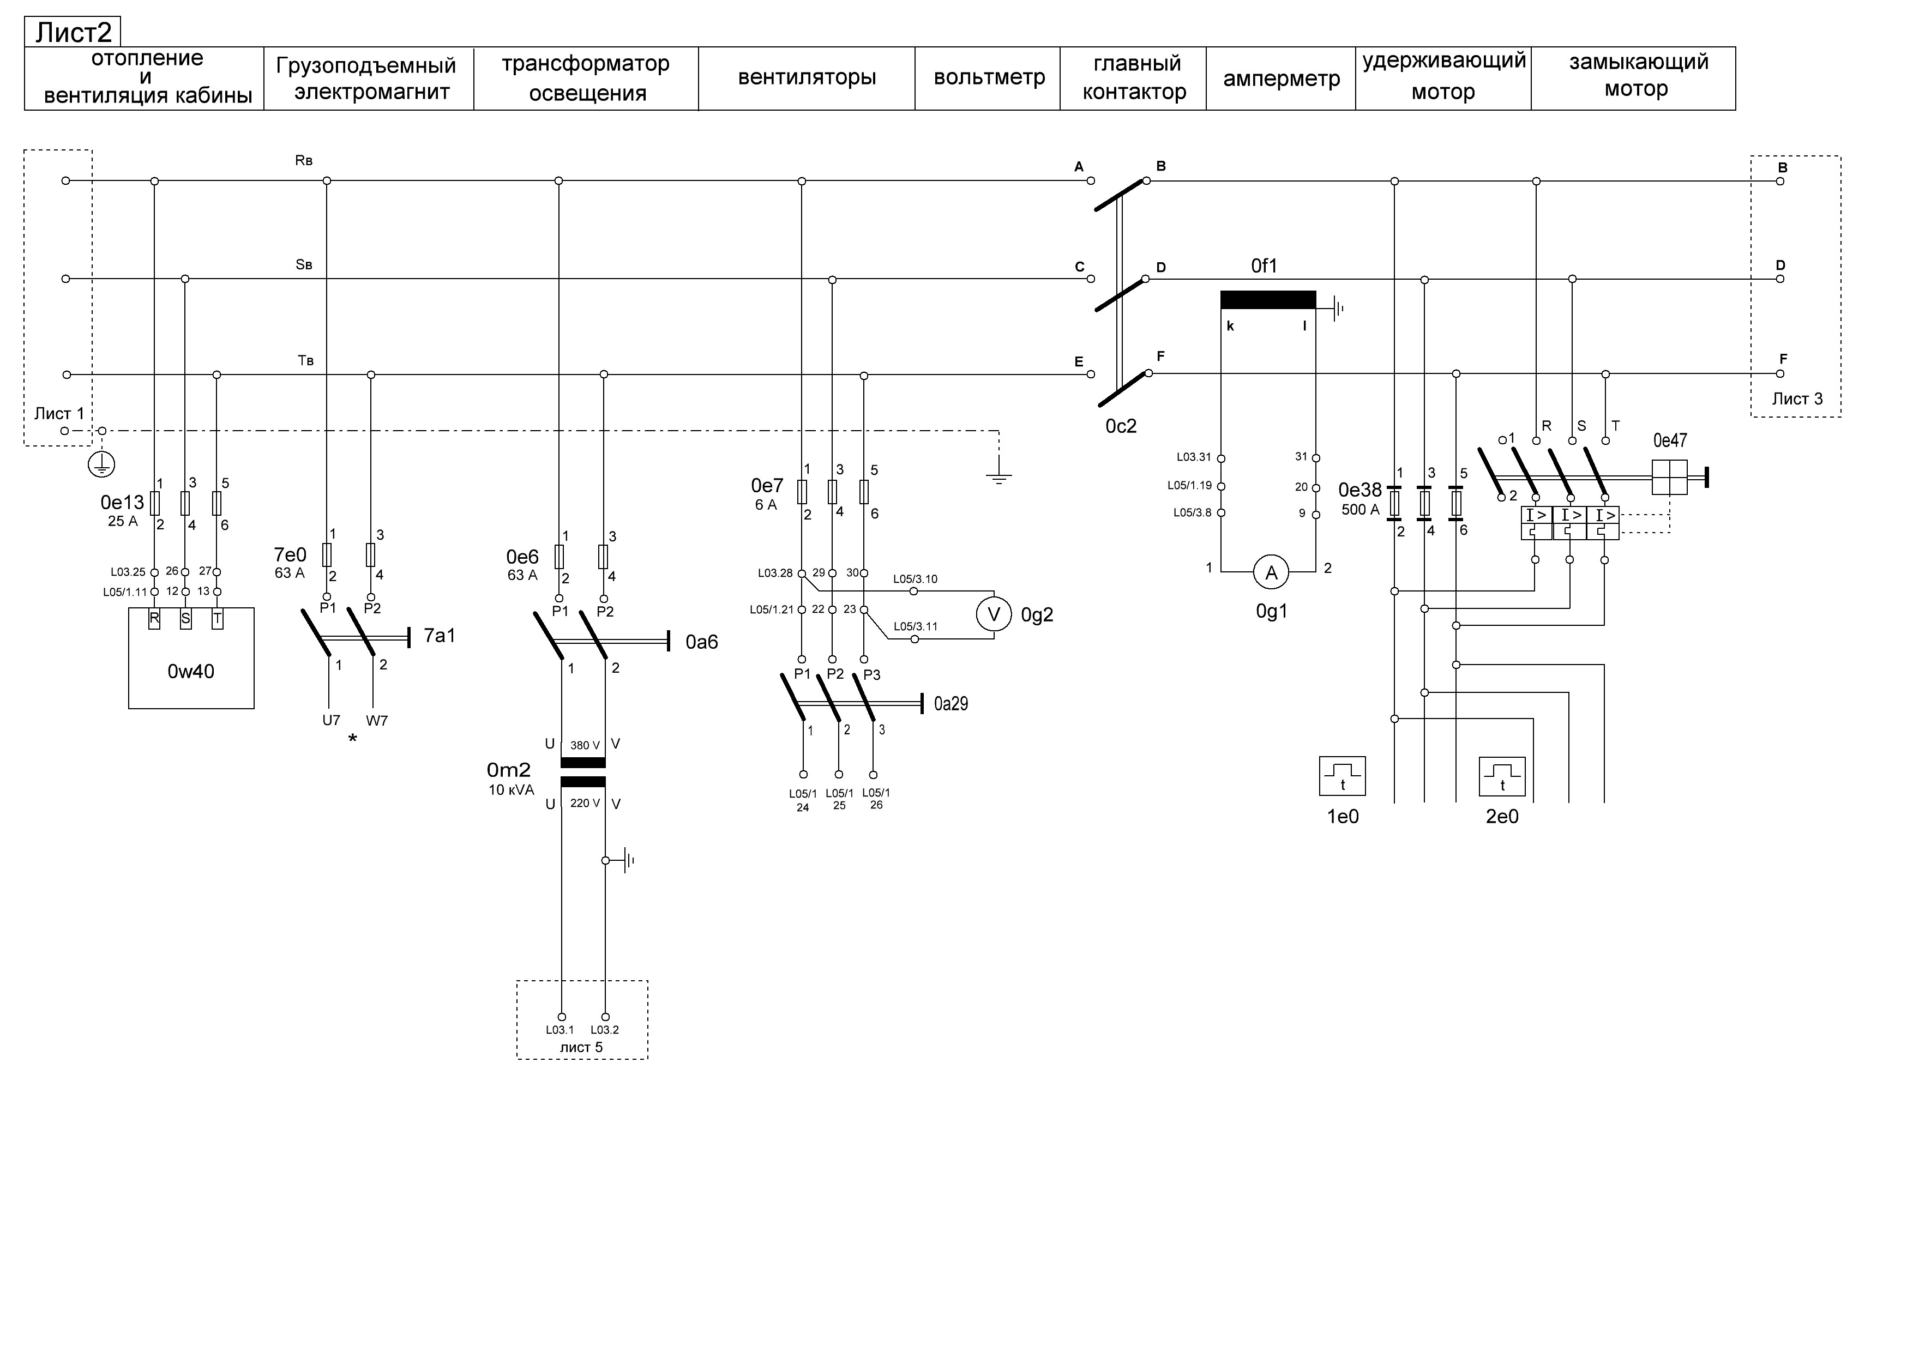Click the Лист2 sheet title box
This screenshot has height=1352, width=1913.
pyautogui.click(x=73, y=32)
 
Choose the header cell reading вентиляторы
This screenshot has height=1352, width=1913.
pyautogui.click(x=807, y=79)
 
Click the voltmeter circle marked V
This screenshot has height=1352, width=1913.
pyautogui.click(x=993, y=615)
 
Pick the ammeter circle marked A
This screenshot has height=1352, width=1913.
pyautogui.click(x=1272, y=572)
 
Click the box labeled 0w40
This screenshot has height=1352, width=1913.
pyautogui.click(x=191, y=658)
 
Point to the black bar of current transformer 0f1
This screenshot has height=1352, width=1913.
pyautogui.click(x=1268, y=300)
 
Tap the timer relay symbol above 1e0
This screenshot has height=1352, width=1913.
pyautogui.click(x=1342, y=776)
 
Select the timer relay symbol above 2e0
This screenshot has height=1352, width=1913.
pyautogui.click(x=1502, y=776)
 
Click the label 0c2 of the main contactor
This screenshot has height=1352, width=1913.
pyautogui.click(x=1121, y=426)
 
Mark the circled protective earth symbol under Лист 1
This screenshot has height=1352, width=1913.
pyautogui.click(x=101, y=465)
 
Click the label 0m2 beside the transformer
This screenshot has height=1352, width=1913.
pyautogui.click(x=508, y=770)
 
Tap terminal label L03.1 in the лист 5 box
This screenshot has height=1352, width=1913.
pyautogui.click(x=560, y=1030)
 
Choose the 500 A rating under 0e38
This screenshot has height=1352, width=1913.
pyautogui.click(x=1359, y=510)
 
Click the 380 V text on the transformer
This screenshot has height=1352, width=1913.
pyautogui.click(x=585, y=746)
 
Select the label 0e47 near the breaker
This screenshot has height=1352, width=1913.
pyautogui.click(x=1670, y=440)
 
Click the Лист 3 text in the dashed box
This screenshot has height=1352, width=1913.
pyautogui.click(x=1797, y=399)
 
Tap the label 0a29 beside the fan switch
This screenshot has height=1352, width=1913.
pyautogui.click(x=951, y=704)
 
